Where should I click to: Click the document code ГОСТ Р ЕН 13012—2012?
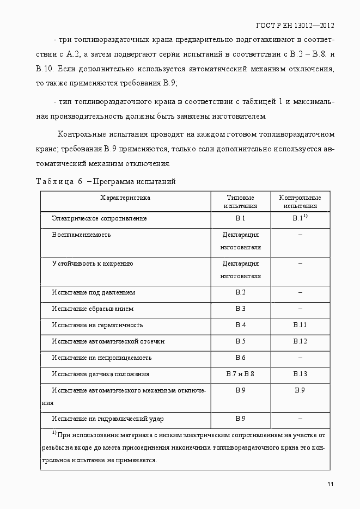(x=294, y=26)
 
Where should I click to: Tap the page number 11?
(x=331, y=485)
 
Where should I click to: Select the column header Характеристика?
(x=125, y=198)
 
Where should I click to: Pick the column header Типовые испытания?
(x=240, y=202)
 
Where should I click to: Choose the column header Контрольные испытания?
(x=300, y=202)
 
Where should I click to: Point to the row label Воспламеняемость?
(x=81, y=235)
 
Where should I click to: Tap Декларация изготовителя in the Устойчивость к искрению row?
(x=240, y=269)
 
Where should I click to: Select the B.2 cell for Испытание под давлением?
(x=240, y=292)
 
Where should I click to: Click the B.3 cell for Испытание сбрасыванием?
(x=240, y=309)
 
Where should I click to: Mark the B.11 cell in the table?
(x=300, y=325)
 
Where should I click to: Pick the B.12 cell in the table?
(x=300, y=341)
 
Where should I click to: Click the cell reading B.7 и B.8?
(x=240, y=374)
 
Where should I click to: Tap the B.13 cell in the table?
(x=300, y=374)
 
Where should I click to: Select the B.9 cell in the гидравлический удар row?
(x=240, y=419)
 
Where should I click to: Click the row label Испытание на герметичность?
(x=97, y=325)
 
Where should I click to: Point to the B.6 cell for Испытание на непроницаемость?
(x=240, y=358)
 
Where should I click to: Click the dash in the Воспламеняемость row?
(x=300, y=235)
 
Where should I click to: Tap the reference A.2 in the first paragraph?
(x=74, y=54)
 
